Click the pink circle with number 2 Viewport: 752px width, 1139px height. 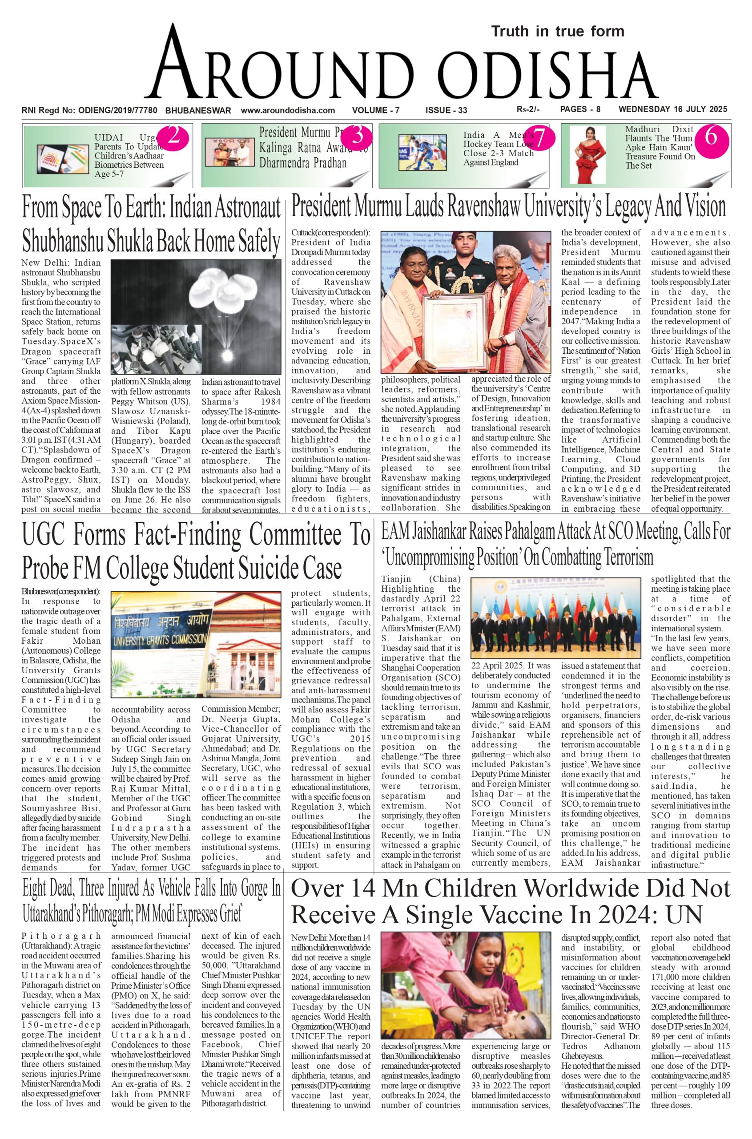(173, 137)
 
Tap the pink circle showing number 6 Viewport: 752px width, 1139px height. (711, 137)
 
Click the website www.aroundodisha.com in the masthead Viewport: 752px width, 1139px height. (288, 110)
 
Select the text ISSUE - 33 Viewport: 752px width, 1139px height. (446, 110)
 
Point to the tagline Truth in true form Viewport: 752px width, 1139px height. (558, 32)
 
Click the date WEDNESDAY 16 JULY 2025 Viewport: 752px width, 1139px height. (673, 109)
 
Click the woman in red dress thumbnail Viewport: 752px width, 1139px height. (587, 154)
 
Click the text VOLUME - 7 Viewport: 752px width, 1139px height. (375, 110)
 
